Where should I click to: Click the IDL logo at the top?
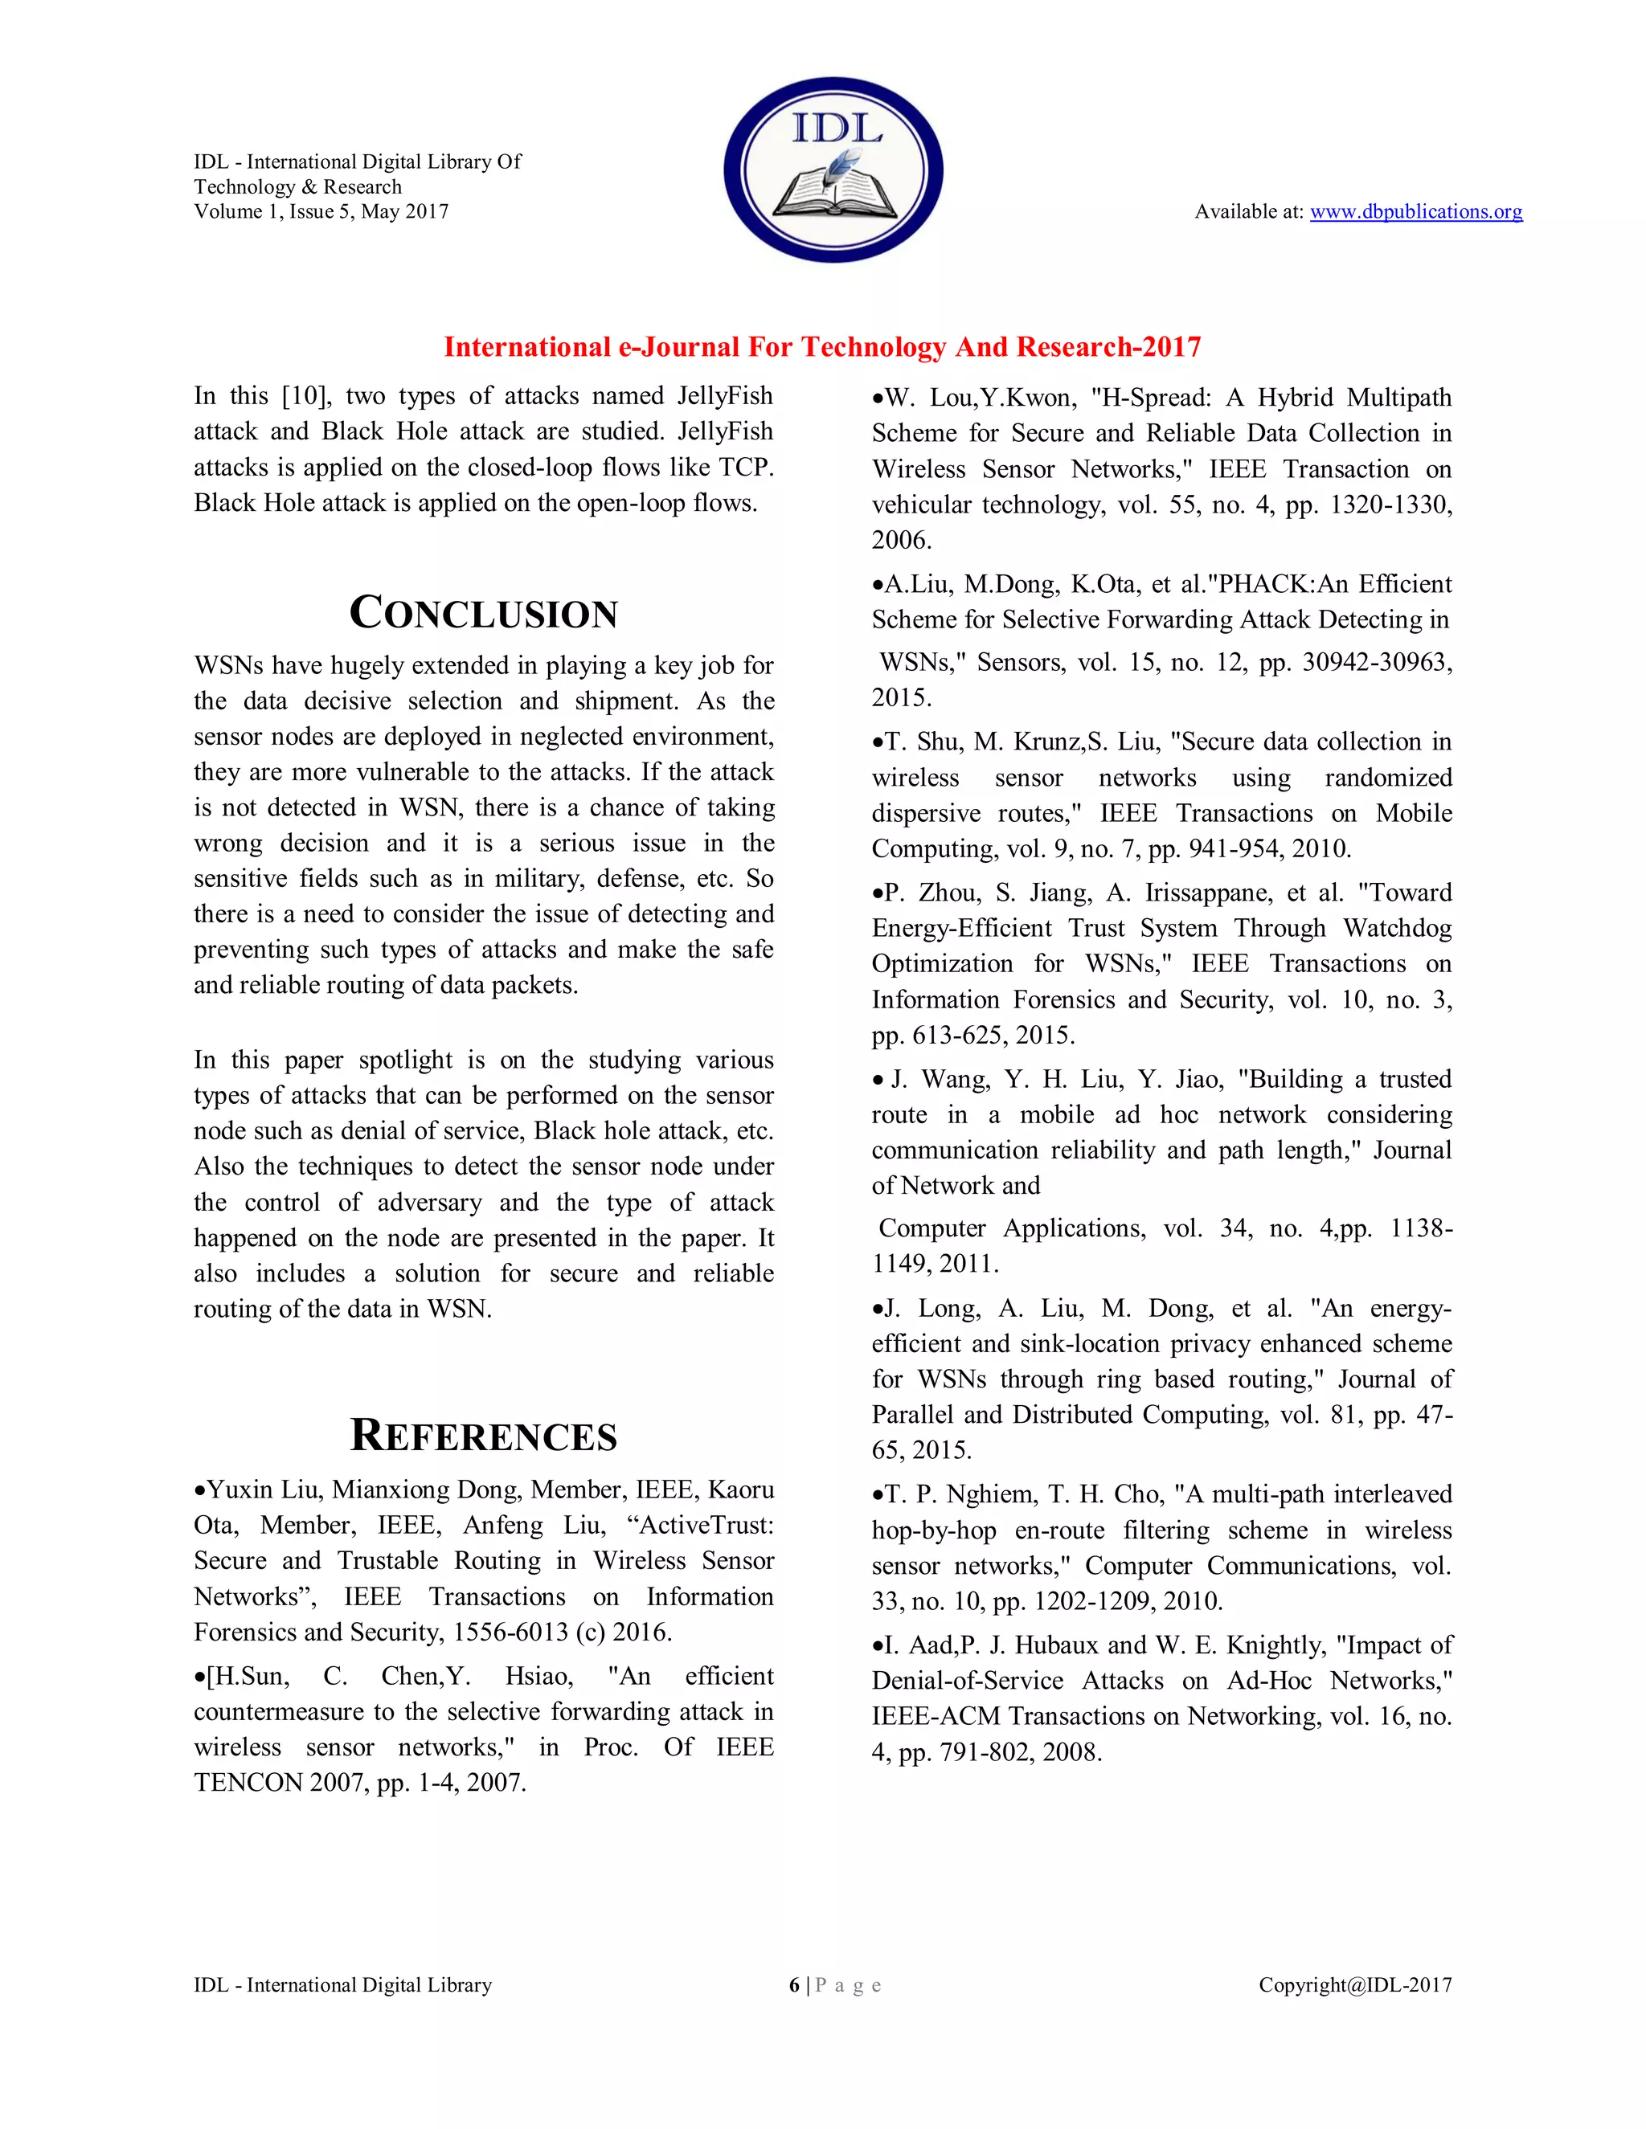833,170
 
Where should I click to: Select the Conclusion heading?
484,613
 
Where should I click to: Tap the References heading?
484,1436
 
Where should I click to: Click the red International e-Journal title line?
822,347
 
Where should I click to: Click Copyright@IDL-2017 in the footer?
1354,1984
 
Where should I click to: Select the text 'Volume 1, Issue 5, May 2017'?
321,211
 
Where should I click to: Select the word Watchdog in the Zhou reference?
1396,928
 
